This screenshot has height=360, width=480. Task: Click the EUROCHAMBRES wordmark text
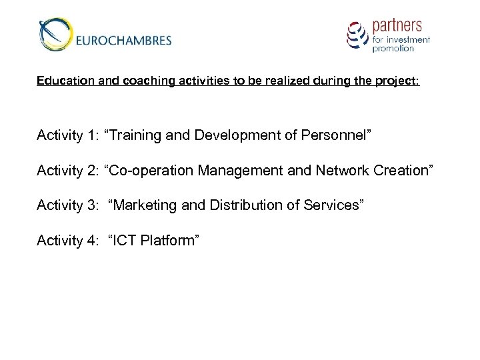124,40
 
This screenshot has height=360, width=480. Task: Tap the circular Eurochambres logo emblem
55,35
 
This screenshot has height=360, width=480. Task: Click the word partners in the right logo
397,27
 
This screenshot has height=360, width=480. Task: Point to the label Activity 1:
65,136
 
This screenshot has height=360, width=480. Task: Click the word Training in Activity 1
137,136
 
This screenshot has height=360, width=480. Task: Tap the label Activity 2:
65,171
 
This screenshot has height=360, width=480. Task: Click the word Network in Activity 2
338,171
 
